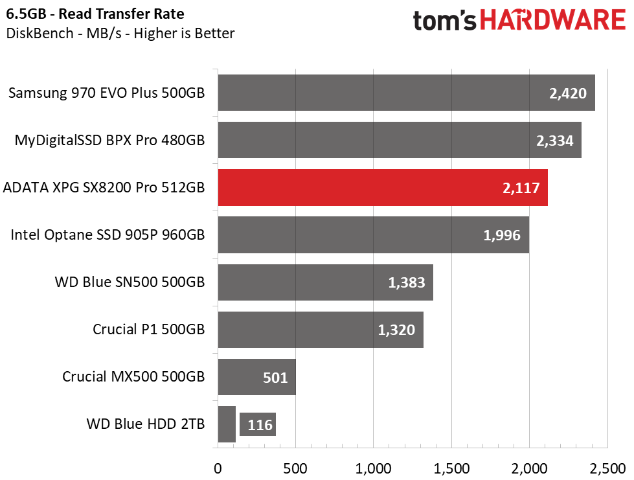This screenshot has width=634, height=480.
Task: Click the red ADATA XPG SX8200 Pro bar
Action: tap(382, 187)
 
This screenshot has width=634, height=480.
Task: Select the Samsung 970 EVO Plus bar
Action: tap(406, 93)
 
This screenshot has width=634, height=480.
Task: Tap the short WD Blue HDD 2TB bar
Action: tap(227, 424)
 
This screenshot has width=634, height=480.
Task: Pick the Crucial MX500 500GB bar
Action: tap(256, 377)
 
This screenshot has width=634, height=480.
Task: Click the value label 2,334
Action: tap(555, 141)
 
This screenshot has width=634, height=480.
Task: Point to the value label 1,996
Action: tap(502, 235)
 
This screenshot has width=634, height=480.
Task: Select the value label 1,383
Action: tap(406, 282)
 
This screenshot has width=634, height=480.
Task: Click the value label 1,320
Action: tap(396, 330)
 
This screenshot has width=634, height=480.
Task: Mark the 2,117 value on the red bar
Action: tap(521, 188)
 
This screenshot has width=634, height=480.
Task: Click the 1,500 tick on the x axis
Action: tap(451, 467)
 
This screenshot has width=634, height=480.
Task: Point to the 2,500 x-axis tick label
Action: tap(607, 467)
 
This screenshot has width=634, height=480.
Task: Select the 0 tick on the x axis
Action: tap(218, 467)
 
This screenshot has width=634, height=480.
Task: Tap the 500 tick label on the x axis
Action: tap(295, 467)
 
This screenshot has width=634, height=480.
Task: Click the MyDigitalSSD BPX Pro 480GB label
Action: tap(109, 140)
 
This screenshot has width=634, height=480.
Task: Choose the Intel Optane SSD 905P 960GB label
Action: tap(108, 234)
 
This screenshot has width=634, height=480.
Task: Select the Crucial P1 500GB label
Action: tap(149, 329)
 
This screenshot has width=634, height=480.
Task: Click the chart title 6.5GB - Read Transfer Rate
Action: tap(95, 14)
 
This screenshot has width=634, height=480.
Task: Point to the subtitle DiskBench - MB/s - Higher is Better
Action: tap(120, 33)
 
